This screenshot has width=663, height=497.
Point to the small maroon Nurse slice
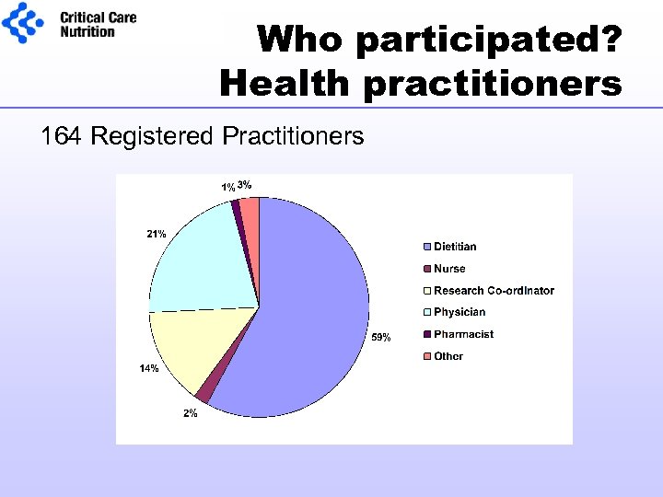tap(204, 395)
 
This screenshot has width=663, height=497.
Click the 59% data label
tap(380, 338)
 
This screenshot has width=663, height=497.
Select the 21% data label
tap(156, 234)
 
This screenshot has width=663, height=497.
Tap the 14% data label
tap(148, 368)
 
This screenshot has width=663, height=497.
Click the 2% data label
tap(189, 413)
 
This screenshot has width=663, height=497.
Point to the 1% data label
tap(227, 188)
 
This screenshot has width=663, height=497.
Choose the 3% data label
tap(245, 185)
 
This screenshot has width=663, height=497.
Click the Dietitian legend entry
tap(455, 247)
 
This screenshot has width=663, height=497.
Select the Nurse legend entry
tap(449, 269)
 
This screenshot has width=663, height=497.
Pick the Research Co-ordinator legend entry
tap(494, 291)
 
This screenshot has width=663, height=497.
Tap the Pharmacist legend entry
tap(463, 334)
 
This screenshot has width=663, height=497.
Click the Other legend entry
tap(448, 356)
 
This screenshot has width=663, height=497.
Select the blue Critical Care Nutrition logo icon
tap(24, 22)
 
